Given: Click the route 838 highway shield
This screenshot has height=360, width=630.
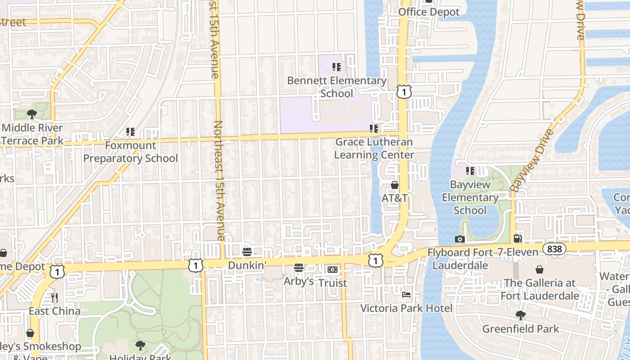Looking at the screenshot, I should click(554, 249).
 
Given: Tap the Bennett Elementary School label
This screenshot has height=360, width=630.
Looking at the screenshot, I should click(337, 87).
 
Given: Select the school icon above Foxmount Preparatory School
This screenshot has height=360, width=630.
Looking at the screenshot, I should click(130, 132).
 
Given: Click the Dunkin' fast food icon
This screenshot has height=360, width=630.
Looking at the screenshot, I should click(247, 252).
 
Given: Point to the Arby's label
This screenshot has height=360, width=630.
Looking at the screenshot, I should click(298, 282).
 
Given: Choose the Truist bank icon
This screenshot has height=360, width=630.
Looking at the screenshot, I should click(332, 269).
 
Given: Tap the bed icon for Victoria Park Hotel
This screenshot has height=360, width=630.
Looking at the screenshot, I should click(406, 295).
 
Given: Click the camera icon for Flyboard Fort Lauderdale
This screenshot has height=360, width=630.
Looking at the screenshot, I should click(459, 239).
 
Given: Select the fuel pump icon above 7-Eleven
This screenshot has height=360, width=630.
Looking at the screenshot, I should click(518, 238).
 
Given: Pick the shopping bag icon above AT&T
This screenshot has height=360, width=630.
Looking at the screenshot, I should click(395, 185).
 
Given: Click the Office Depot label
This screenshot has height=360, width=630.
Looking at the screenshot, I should click(429, 12).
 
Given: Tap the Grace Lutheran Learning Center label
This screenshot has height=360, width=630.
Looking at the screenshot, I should click(374, 148).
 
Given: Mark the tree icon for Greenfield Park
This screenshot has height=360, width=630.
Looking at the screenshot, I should click(521, 315).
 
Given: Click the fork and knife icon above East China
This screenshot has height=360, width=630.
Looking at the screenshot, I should click(54, 297).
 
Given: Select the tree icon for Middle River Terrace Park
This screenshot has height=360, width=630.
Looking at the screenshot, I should click(31, 114).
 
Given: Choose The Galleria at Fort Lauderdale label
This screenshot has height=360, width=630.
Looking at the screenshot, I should click(540, 289).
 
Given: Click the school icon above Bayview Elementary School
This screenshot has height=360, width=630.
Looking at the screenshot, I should click(470, 171).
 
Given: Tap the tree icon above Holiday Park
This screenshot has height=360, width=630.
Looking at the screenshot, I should click(140, 346).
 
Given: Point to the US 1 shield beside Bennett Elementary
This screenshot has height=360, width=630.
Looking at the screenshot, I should click(404, 92).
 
